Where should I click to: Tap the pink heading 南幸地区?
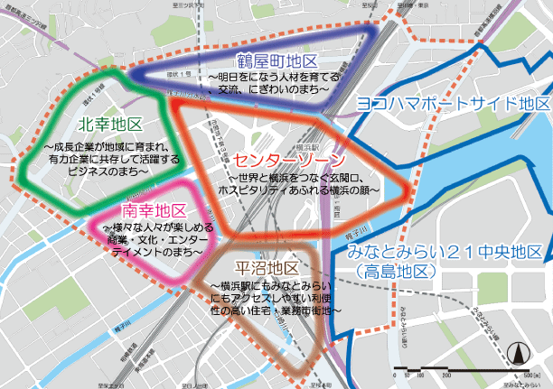tap(146, 211)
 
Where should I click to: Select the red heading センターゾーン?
tap(286, 158)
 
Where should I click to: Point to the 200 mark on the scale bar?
tap(445, 374)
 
